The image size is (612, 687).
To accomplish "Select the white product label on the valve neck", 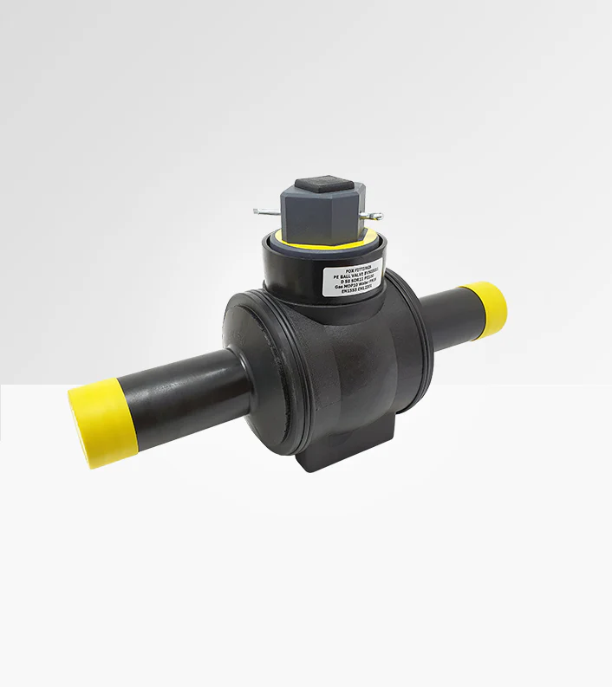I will [355, 276].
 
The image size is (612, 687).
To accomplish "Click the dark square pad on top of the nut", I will [318, 189].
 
